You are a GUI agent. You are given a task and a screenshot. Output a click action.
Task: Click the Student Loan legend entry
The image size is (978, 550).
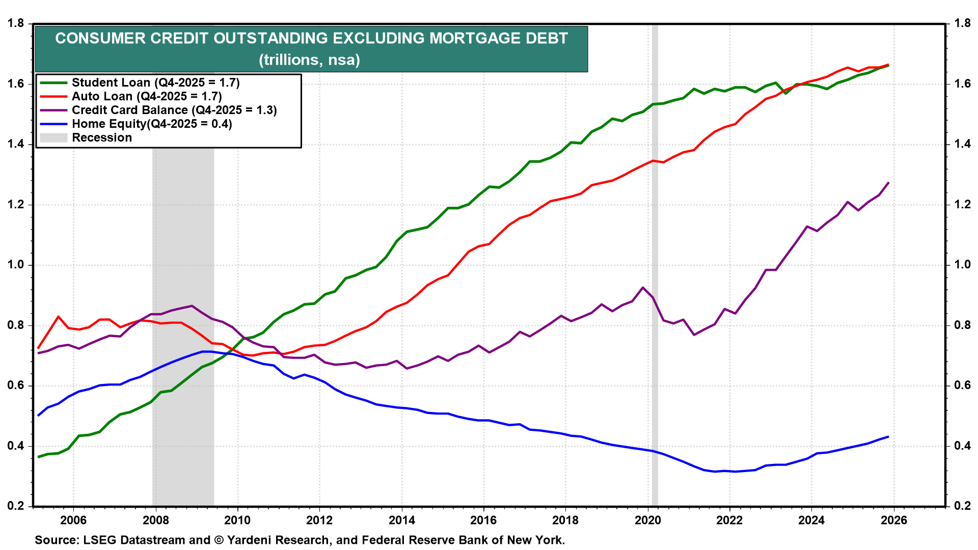click(x=155, y=82)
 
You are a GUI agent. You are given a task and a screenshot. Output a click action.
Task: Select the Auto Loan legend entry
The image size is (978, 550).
click(x=147, y=96)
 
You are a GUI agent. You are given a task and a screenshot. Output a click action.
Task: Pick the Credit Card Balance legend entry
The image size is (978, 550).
click(x=174, y=110)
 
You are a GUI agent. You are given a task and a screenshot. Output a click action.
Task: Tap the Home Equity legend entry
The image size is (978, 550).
click(x=152, y=124)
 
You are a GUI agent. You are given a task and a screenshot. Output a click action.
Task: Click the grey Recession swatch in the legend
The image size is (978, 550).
click(x=53, y=137)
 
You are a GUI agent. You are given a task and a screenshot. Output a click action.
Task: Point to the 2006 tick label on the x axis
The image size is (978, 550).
click(x=73, y=520)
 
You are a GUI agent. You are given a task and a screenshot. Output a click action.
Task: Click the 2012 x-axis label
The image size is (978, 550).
click(x=319, y=520)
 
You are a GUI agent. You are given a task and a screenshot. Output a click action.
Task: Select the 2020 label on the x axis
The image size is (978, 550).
click(x=648, y=520)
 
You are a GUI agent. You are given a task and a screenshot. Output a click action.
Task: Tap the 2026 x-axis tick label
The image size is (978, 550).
click(x=894, y=520)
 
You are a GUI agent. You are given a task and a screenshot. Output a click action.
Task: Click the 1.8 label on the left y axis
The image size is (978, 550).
click(x=16, y=23)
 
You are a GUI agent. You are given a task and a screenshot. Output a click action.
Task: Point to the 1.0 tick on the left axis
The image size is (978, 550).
click(x=16, y=265)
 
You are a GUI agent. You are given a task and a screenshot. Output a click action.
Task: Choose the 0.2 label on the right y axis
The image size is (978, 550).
click(x=962, y=506)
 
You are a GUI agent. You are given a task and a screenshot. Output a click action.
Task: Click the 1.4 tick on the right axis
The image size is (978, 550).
click(x=962, y=144)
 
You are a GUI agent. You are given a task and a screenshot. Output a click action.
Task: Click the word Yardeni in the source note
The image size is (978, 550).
click(x=250, y=540)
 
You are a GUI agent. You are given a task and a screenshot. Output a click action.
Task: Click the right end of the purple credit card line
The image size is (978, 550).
click(x=888, y=183)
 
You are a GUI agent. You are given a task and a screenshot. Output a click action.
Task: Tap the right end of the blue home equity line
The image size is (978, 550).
click(x=888, y=436)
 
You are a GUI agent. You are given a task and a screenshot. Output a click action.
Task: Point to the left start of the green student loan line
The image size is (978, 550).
click(x=38, y=457)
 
